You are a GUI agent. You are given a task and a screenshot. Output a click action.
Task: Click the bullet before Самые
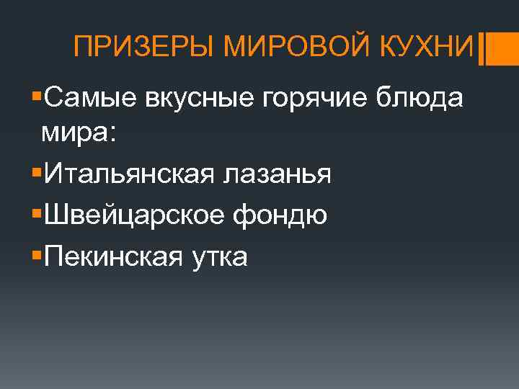pyautogui.click(x=37, y=96)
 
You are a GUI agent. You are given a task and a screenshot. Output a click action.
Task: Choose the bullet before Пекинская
pyautogui.click(x=37, y=252)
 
